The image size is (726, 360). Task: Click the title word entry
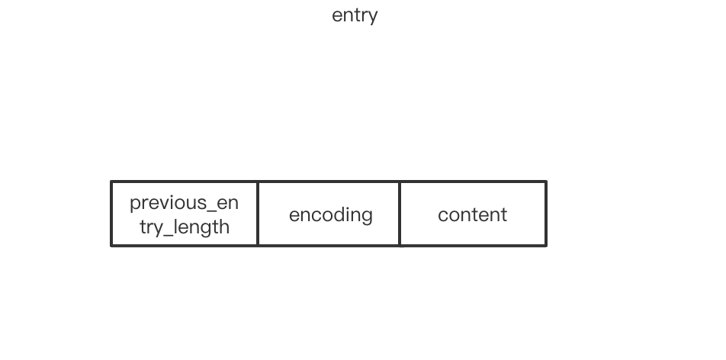click(x=355, y=15)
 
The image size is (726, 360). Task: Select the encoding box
click(x=329, y=214)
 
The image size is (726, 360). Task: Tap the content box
click(x=473, y=214)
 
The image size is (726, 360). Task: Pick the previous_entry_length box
click(x=185, y=214)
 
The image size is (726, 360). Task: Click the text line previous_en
click(x=184, y=203)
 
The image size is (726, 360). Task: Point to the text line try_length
click(x=185, y=227)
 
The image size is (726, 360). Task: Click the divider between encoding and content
click(x=400, y=214)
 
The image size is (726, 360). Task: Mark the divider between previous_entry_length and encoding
click(x=258, y=214)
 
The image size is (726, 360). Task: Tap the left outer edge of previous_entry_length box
click(x=111, y=214)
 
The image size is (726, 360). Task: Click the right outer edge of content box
click(x=546, y=214)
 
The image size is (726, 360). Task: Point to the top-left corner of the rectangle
click(x=111, y=182)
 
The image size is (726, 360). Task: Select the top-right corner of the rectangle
click(x=546, y=182)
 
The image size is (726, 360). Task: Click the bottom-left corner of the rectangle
click(x=111, y=246)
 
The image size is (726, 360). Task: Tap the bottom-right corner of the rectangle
click(x=546, y=246)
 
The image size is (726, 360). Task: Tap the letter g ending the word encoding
click(x=368, y=217)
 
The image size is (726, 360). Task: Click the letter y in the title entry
click(x=374, y=18)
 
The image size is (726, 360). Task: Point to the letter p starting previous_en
click(x=134, y=204)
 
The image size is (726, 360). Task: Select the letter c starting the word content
click(x=442, y=215)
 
